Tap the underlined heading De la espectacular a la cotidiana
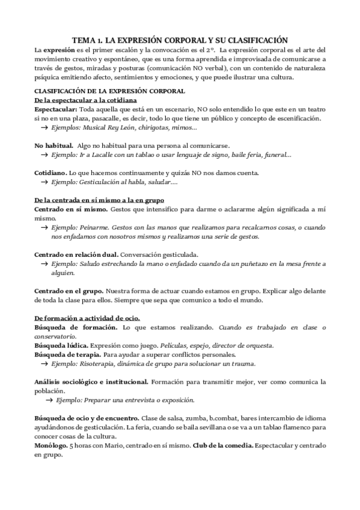[x=86, y=99]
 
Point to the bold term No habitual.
[x=54, y=146]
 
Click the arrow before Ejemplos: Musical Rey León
[x=45, y=128]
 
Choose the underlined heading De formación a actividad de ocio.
[x=88, y=318]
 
